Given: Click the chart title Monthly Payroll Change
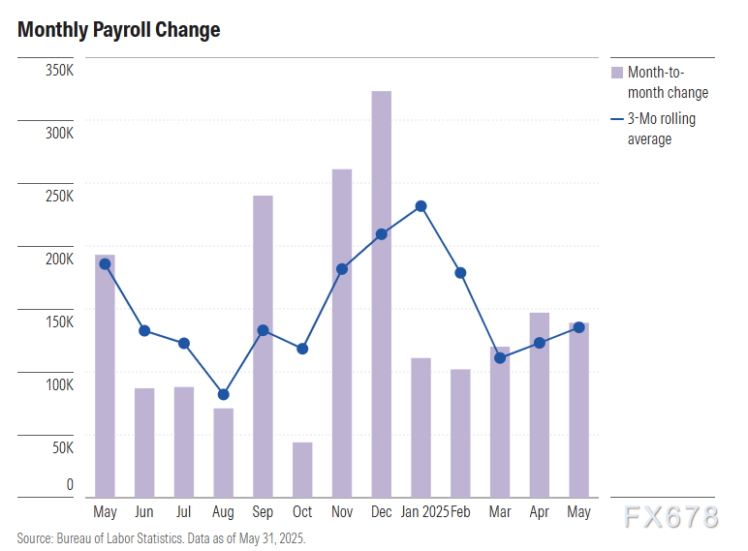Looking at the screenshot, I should (118, 30).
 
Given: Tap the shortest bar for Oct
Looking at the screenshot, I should (302, 470).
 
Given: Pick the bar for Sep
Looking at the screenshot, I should (263, 346).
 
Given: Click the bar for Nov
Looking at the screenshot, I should (342, 332).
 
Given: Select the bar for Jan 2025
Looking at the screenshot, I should (421, 427).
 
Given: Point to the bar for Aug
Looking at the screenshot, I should (223, 452).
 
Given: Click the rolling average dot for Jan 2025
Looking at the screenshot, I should (421, 206).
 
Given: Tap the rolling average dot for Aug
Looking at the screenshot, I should (223, 394).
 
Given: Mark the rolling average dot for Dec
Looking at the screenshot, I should (382, 233).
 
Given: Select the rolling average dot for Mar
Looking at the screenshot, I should (500, 357).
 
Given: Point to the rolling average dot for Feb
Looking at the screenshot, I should (460, 273).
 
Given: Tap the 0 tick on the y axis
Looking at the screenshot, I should (69, 484).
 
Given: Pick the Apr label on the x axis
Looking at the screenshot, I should (540, 511).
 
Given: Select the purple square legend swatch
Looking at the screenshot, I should (616, 73).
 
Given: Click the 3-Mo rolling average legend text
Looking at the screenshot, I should (662, 129).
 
